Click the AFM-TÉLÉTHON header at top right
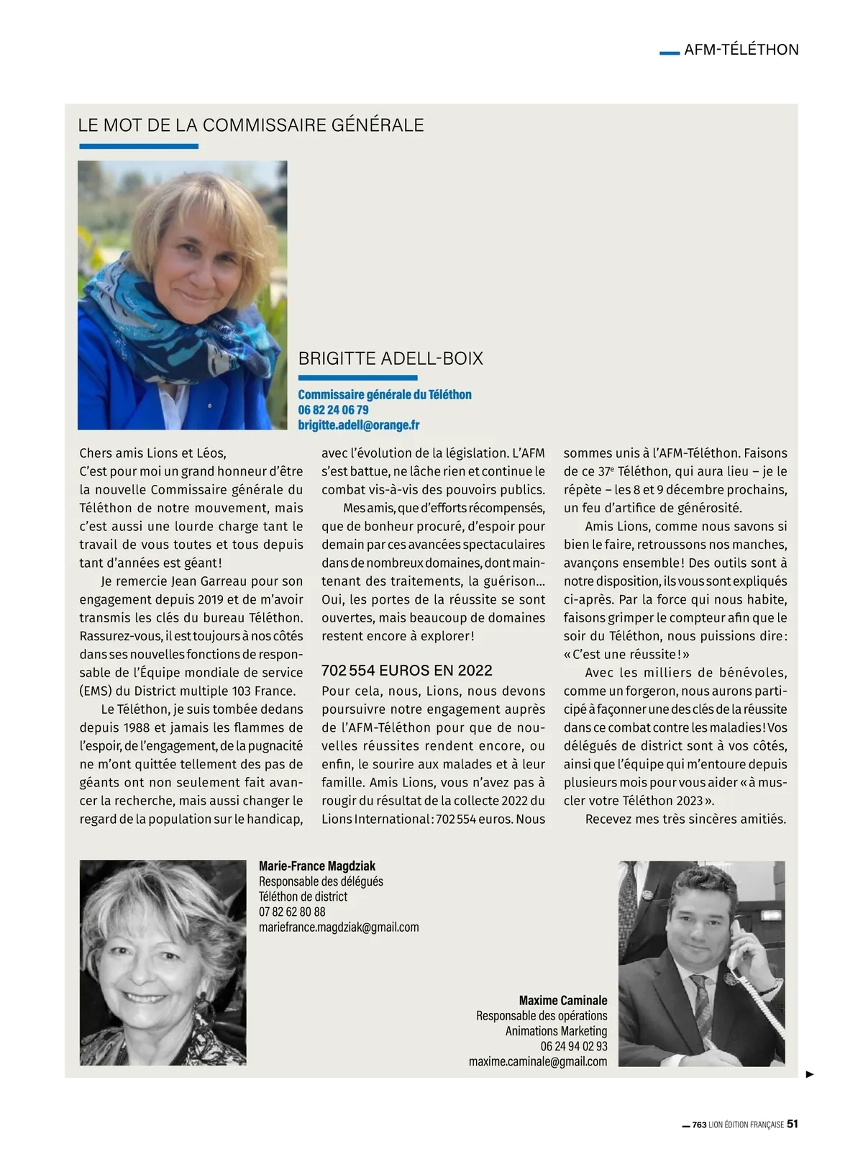click(741, 50)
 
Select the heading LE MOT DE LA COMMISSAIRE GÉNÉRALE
click(251, 125)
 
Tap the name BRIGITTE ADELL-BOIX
click(391, 358)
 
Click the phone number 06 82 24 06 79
click(333, 410)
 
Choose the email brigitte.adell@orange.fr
click(358, 425)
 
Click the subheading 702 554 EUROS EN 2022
click(407, 671)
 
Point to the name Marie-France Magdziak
click(317, 866)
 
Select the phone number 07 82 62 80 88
click(292, 912)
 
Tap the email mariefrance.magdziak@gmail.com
click(339, 927)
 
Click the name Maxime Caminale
click(563, 1001)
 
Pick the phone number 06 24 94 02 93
click(574, 1046)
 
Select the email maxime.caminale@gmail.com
click(538, 1061)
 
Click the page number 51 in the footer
click(793, 1124)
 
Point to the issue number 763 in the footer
click(699, 1125)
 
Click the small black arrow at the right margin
click(810, 1074)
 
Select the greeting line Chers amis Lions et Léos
click(152, 453)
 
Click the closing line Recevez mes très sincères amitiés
click(685, 819)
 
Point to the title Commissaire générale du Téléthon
click(385, 394)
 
